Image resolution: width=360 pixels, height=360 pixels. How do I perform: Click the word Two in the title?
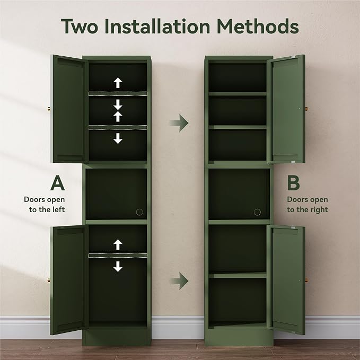pyautogui.click(x=80, y=27)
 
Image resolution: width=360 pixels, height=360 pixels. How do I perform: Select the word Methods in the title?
pyautogui.click(x=258, y=26)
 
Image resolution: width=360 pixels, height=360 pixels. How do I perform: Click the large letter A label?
pyautogui.click(x=58, y=183)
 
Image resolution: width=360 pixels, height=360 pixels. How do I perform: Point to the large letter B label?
pyautogui.click(x=293, y=183)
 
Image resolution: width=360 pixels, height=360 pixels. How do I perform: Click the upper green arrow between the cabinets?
pyautogui.click(x=179, y=123)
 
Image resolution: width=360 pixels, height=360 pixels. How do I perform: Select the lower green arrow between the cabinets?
pyautogui.click(x=179, y=281)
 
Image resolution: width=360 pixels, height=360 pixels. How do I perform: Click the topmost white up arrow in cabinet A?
pyautogui.click(x=118, y=83)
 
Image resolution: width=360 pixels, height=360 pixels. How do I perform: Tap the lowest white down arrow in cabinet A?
pyautogui.click(x=118, y=266)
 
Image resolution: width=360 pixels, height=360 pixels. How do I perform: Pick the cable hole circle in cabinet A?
pyautogui.click(x=139, y=212)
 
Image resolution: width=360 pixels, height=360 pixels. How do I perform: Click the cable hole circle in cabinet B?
pyautogui.click(x=257, y=212)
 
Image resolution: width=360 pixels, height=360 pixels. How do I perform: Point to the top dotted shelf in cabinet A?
pyautogui.click(x=118, y=94)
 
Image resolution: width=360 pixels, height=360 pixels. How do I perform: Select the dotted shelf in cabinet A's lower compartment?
pyautogui.click(x=118, y=256)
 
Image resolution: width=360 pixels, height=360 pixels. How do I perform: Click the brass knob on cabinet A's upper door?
pyautogui.click(x=49, y=109)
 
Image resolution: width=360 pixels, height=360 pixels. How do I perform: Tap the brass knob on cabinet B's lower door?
pyautogui.click(x=306, y=280)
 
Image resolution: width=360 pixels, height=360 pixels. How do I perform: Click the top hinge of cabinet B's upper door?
pyautogui.click(x=293, y=57)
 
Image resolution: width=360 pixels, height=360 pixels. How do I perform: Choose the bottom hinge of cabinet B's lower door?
pyautogui.click(x=293, y=332)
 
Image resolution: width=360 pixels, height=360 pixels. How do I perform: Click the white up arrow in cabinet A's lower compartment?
pyautogui.click(x=118, y=245)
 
